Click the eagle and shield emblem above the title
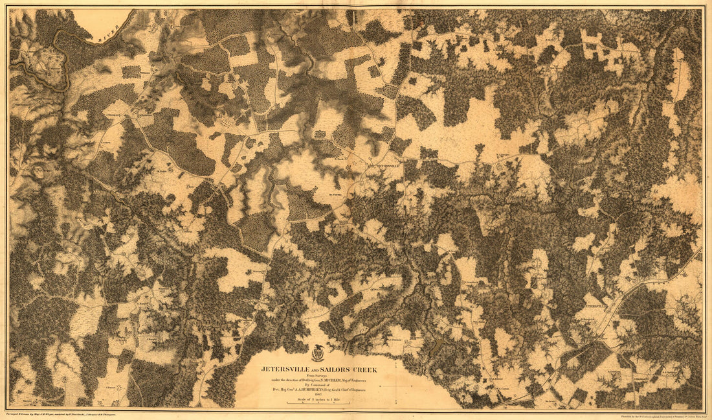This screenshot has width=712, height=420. pyautogui.click(x=317, y=353)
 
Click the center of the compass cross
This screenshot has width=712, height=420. pyautogui.click(x=389, y=386)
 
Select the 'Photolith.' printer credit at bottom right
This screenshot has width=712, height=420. pyautogui.click(x=638, y=414)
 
